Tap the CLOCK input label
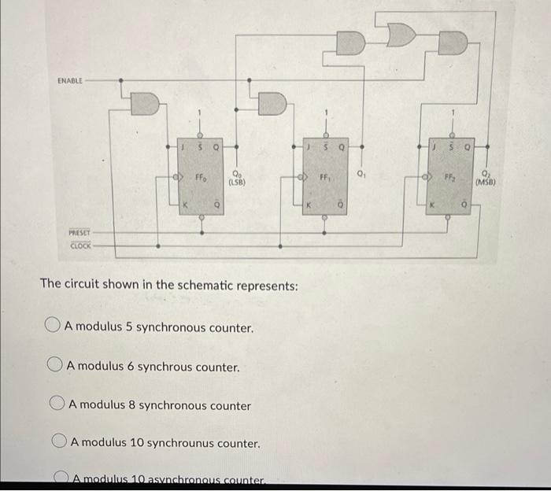pos(80,245)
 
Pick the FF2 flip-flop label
pos(450,179)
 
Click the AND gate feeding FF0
pos(146,102)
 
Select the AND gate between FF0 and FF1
pos(272,102)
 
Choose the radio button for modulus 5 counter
pos(53,326)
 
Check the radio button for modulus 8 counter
pos(57,405)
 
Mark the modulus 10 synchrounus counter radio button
pos(59,443)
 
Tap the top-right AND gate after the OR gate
pos(452,42)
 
